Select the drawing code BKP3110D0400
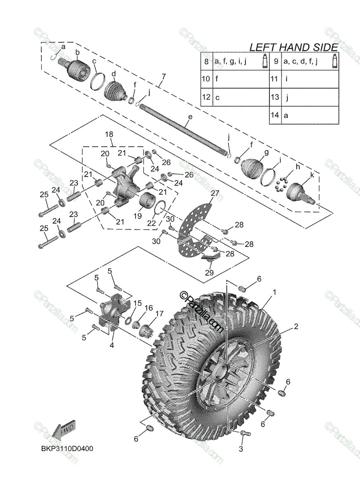66,448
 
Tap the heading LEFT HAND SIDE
294,47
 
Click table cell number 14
275,115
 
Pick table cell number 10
206,79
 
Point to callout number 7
164,76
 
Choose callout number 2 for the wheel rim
296,326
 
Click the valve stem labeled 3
244,433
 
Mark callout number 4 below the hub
112,345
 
